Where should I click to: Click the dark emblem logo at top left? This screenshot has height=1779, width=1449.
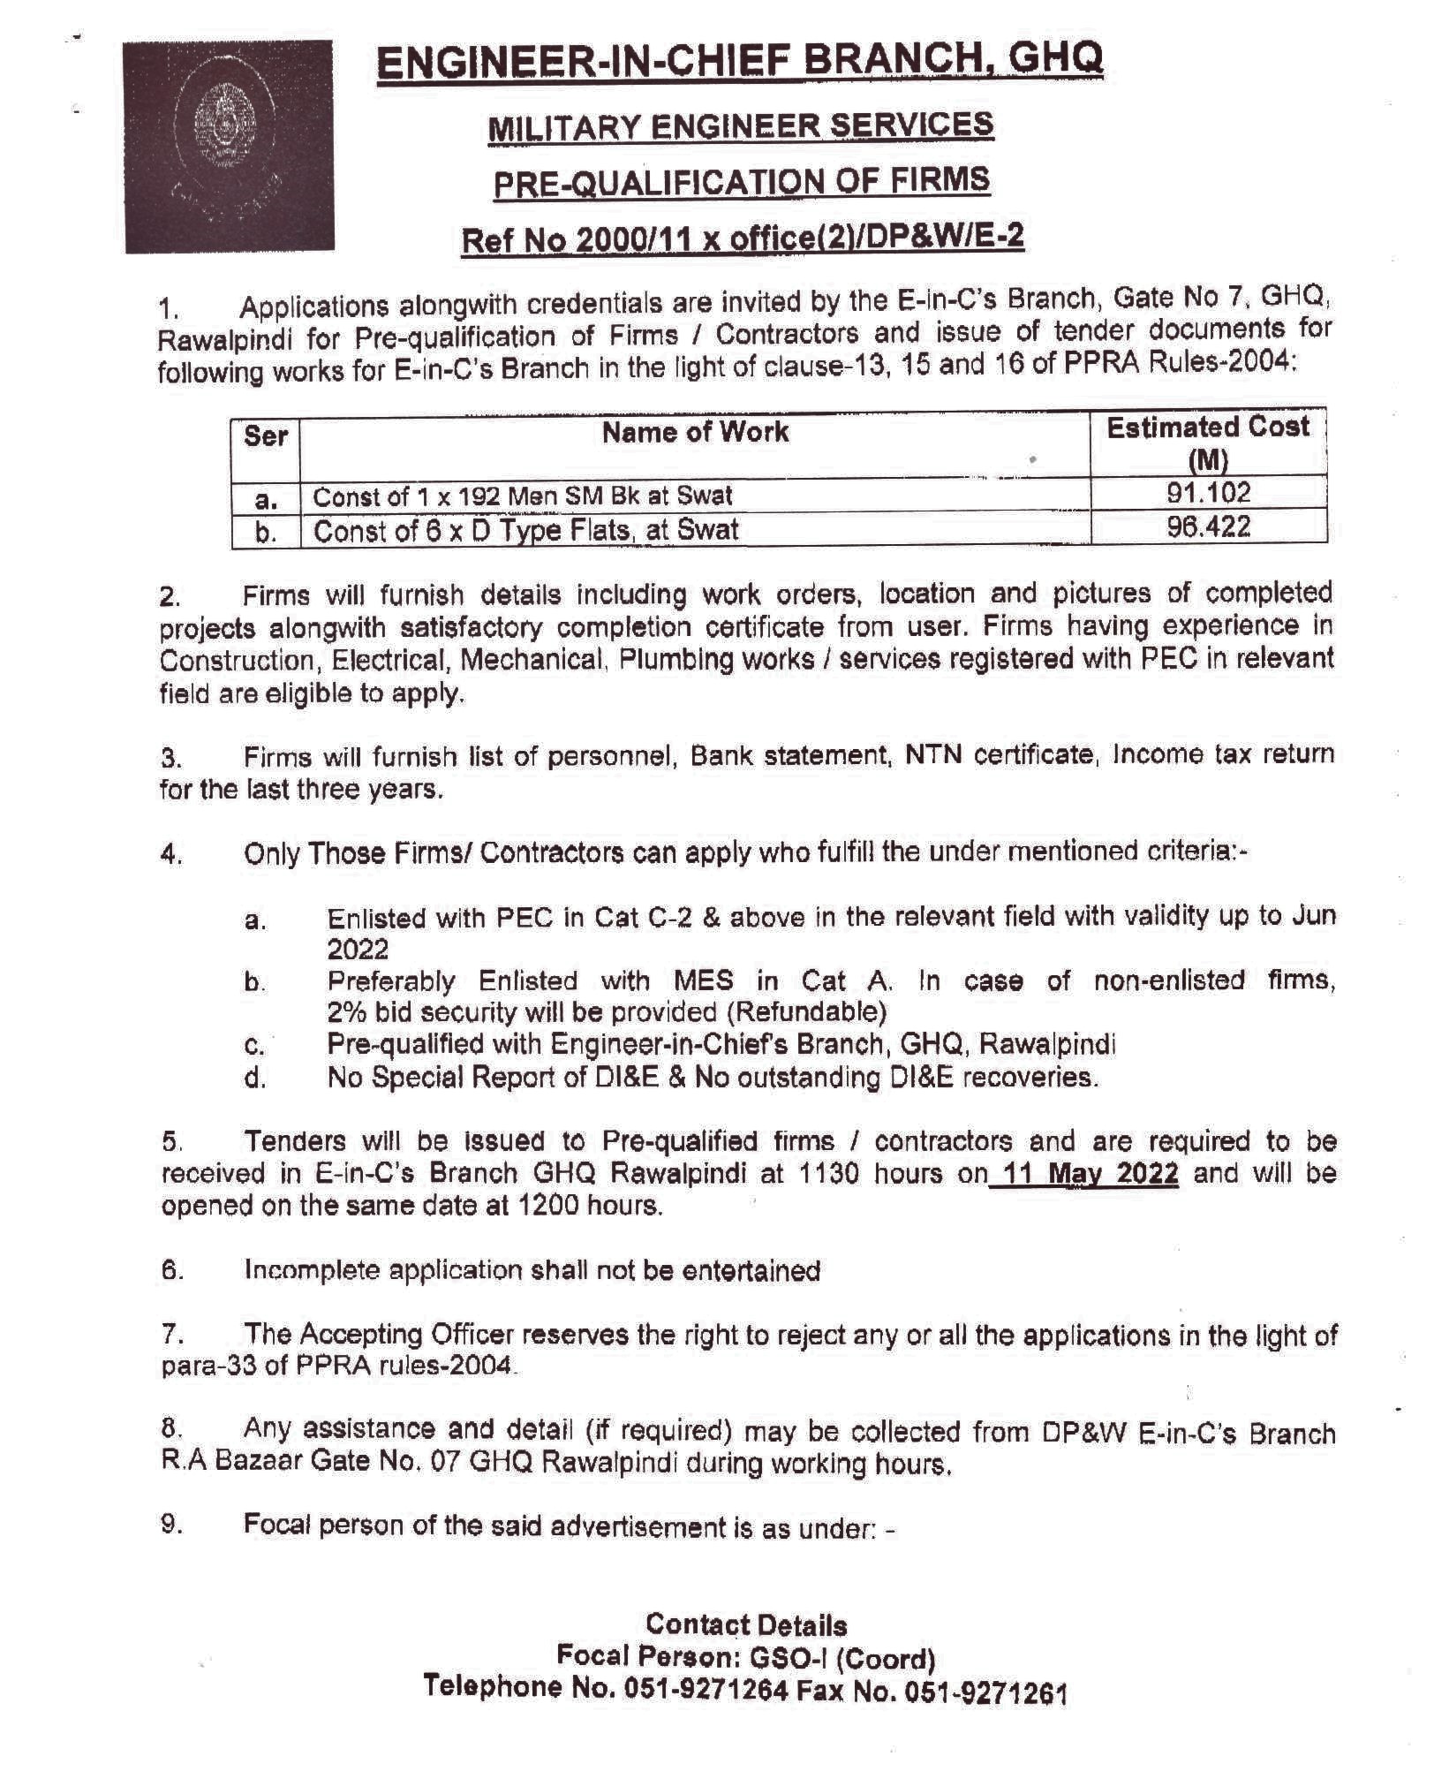click(228, 147)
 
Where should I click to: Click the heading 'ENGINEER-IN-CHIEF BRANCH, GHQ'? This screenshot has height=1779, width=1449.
click(740, 61)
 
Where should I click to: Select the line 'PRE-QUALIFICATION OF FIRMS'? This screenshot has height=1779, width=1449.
click(741, 182)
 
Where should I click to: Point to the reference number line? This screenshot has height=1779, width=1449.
click(743, 238)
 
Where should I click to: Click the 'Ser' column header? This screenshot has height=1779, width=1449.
click(266, 436)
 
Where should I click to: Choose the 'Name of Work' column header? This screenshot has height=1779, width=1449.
click(695, 432)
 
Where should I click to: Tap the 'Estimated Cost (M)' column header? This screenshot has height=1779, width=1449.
click(1208, 442)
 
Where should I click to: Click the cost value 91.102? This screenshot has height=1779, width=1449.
click(1209, 493)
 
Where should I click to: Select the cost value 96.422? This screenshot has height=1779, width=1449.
click(1209, 527)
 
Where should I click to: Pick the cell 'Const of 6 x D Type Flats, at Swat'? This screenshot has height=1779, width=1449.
click(526, 531)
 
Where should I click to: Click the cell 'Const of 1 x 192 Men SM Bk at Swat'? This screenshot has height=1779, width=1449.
click(523, 496)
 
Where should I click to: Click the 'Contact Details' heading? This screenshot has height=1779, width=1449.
click(746, 1624)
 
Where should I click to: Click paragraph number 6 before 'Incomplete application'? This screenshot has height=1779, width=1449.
click(172, 1270)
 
